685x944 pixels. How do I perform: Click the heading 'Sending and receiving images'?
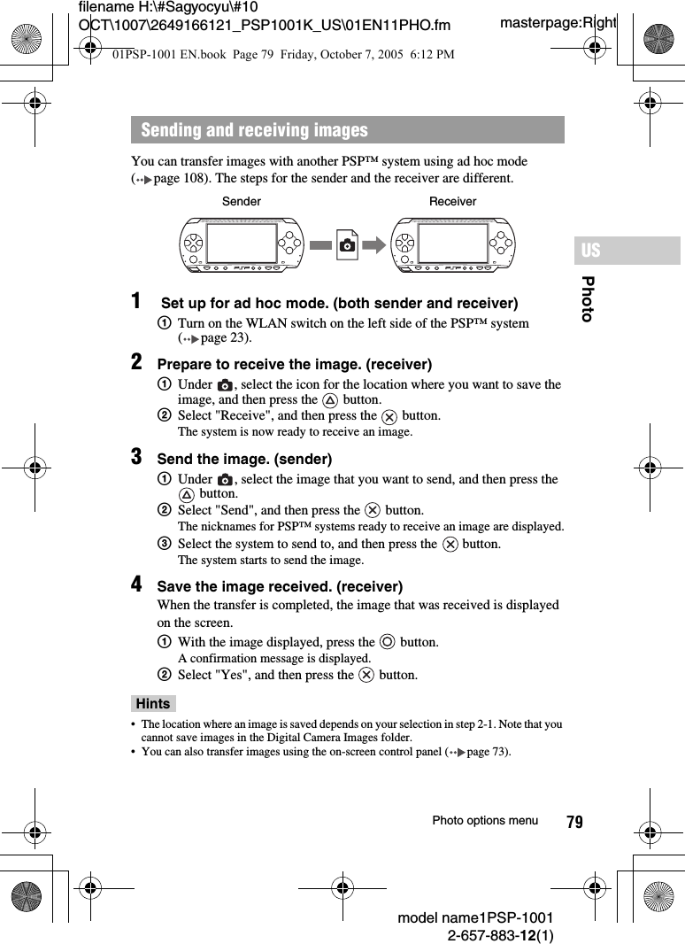pyautogui.click(x=254, y=130)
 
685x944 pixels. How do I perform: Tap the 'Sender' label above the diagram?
pyautogui.click(x=241, y=201)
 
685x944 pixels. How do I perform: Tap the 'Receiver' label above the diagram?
pyautogui.click(x=452, y=201)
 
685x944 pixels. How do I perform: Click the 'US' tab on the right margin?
pyautogui.click(x=590, y=251)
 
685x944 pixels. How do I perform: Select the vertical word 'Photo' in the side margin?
pyautogui.click(x=587, y=298)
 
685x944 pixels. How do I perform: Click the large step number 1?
pyautogui.click(x=137, y=302)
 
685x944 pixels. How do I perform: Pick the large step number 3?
pyautogui.click(x=137, y=457)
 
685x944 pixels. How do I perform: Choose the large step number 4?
pyautogui.click(x=137, y=584)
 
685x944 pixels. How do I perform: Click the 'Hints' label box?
pyautogui.click(x=153, y=703)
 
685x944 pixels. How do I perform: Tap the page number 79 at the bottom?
pyautogui.click(x=574, y=822)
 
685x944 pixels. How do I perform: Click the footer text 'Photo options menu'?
pyautogui.click(x=484, y=821)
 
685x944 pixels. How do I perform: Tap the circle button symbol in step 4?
pyautogui.click(x=387, y=642)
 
